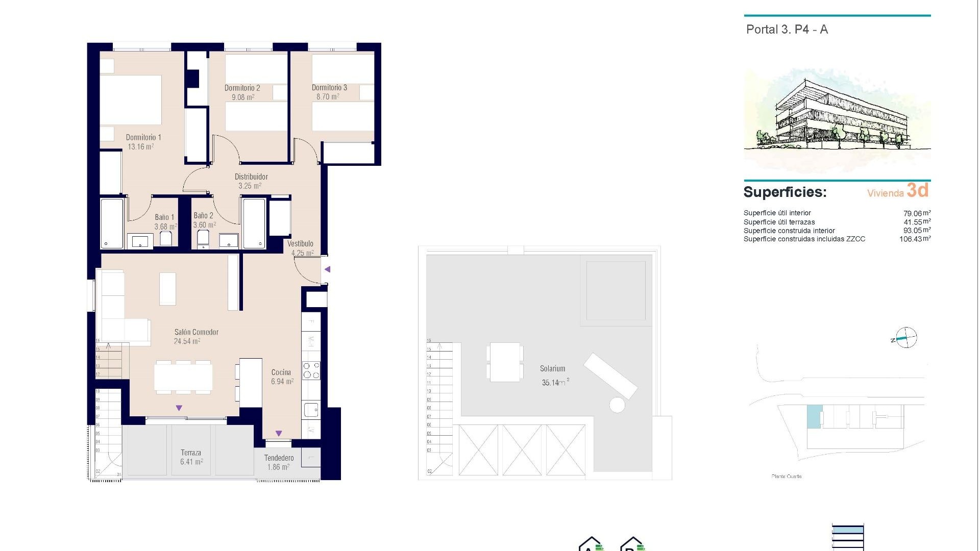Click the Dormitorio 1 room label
click(143, 137)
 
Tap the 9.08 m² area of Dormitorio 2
click(242, 97)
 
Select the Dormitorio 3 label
click(329, 88)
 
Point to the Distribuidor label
click(251, 177)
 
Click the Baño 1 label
click(164, 217)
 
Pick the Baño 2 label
click(203, 216)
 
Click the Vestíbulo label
click(300, 244)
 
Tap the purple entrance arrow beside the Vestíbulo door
click(328, 269)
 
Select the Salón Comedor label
click(196, 332)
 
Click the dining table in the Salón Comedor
click(183, 378)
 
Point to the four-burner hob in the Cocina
click(311, 370)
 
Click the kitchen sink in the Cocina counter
click(310, 409)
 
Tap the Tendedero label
click(279, 458)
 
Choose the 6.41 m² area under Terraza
click(191, 462)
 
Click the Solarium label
click(552, 368)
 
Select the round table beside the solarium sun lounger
click(617, 406)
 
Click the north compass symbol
click(906, 338)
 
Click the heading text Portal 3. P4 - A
click(787, 30)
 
